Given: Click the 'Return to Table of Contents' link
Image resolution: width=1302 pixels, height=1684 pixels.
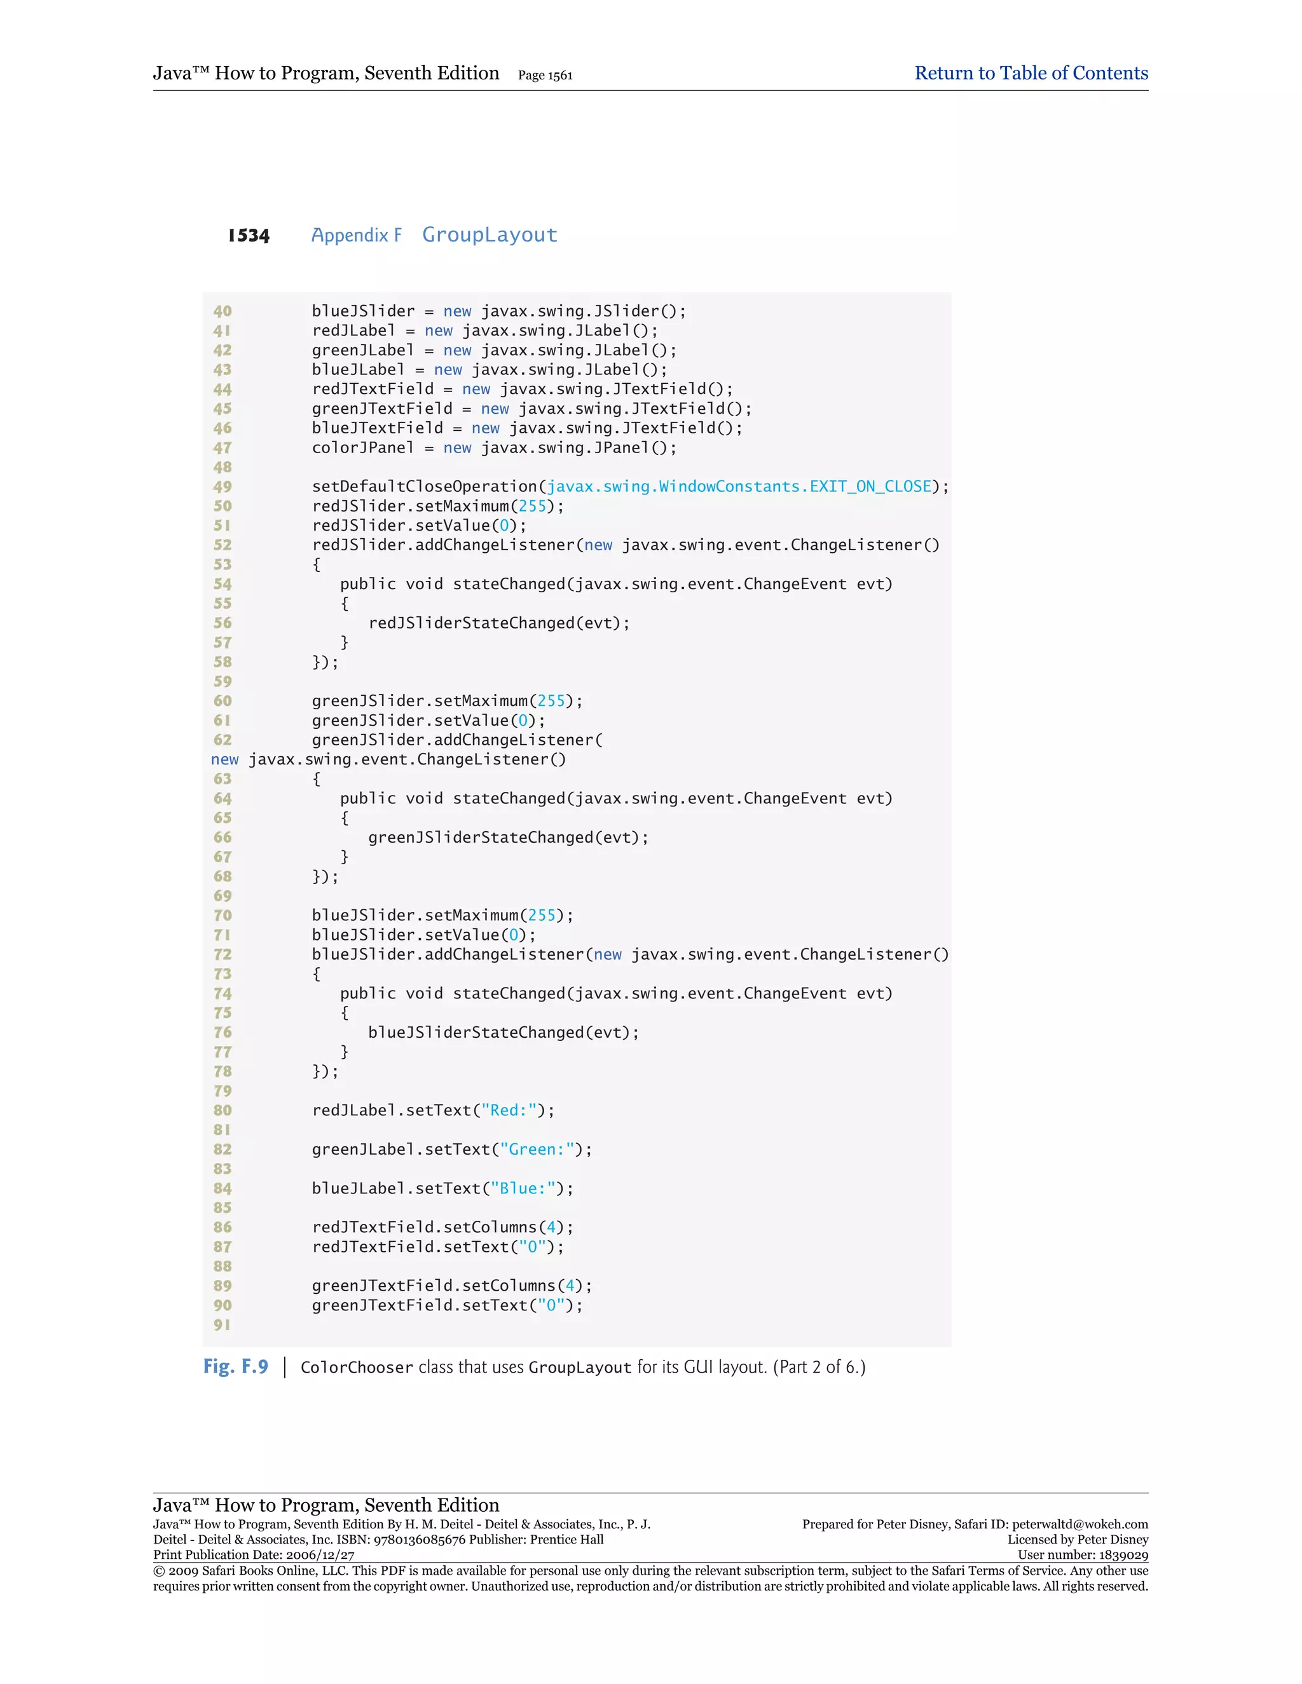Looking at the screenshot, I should coord(1031,73).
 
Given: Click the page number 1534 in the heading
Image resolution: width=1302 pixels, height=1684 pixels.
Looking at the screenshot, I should coord(249,235).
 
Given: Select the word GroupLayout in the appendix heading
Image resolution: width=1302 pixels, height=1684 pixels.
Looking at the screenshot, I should coord(489,234).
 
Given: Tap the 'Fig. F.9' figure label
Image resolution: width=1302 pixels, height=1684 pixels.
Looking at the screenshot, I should coord(235,1366).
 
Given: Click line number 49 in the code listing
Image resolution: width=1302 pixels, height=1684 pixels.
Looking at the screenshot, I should coord(222,487).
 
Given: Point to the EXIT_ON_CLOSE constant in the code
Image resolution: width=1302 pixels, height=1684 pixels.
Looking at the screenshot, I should coord(870,487).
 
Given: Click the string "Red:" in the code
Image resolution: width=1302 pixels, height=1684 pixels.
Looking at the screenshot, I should coord(509,1110).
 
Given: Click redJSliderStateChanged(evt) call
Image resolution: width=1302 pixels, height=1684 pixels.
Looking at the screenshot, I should coord(498,623).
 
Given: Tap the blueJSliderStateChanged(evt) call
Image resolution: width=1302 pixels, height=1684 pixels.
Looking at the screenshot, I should coord(503,1033).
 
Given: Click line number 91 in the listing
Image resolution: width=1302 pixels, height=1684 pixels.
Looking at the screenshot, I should coord(222,1325).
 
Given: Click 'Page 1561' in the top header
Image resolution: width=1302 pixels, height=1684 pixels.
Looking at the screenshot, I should coord(545,76).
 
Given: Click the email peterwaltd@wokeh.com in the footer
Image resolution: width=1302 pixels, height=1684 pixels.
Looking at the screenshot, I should coord(1080,1524).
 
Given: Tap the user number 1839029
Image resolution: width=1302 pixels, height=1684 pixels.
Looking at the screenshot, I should coord(1121,1555).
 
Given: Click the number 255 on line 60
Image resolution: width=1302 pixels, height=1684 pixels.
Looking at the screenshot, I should coord(551,701).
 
